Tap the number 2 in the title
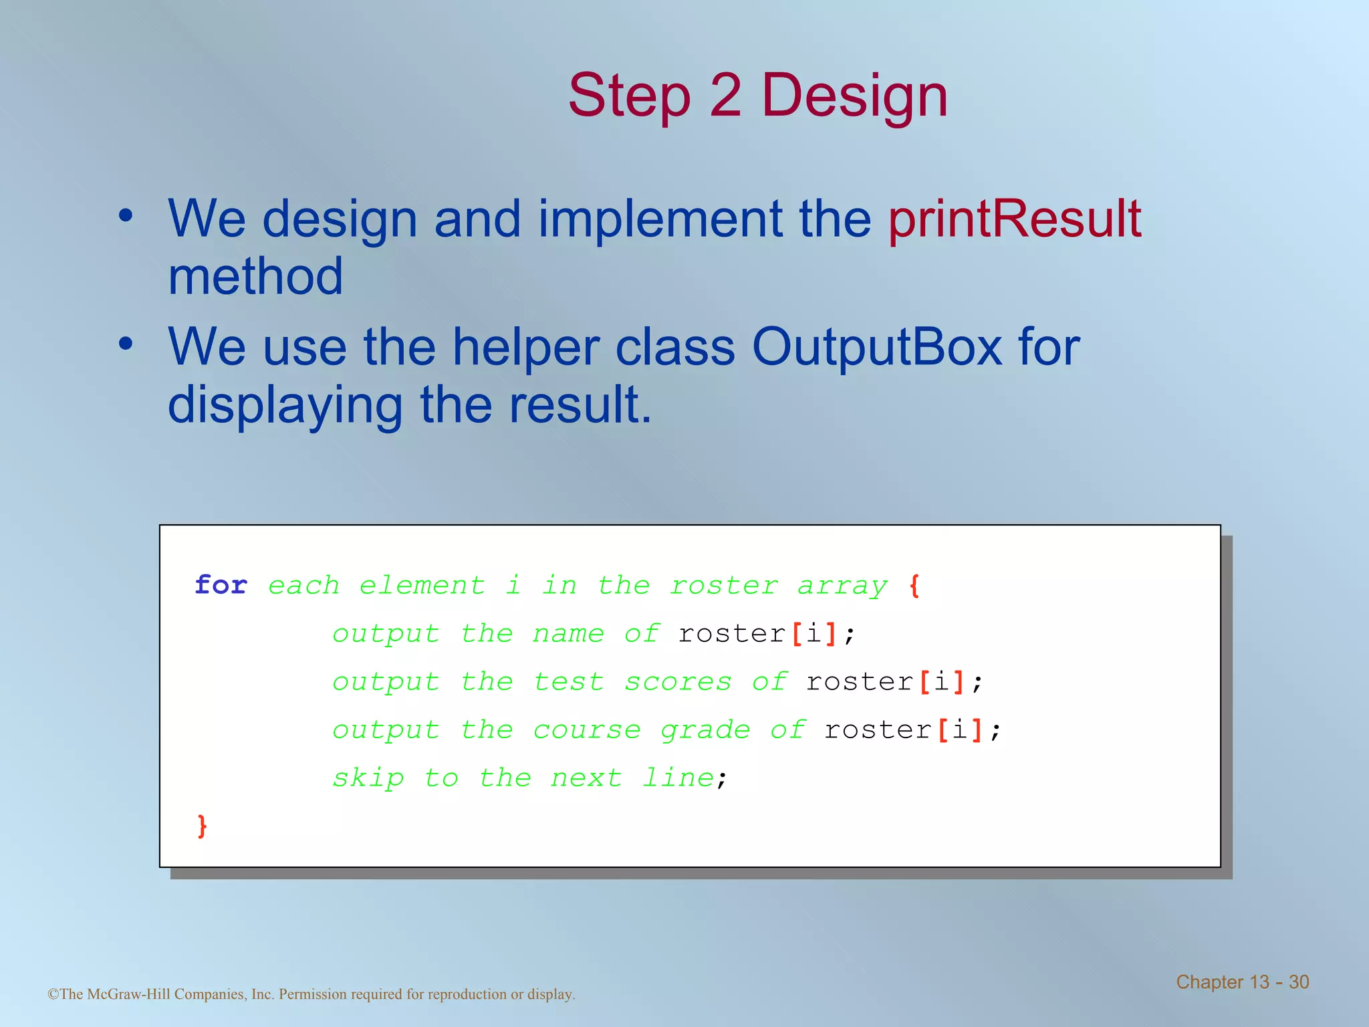pos(726,96)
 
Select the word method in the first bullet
pos(255,276)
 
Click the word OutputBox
pos(877,347)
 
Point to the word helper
pos(526,347)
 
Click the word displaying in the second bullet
pos(285,405)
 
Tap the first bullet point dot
pos(126,216)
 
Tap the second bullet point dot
pos(126,344)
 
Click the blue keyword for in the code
pos(221,585)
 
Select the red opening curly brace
pos(914,586)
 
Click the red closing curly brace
pos(202,826)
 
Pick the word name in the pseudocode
pos(568,633)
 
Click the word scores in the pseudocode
pos(678,681)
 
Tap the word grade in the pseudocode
pos(705,730)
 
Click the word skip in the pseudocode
pos(368,778)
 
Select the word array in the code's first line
pos(842,586)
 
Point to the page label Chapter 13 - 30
pos(1242,982)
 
